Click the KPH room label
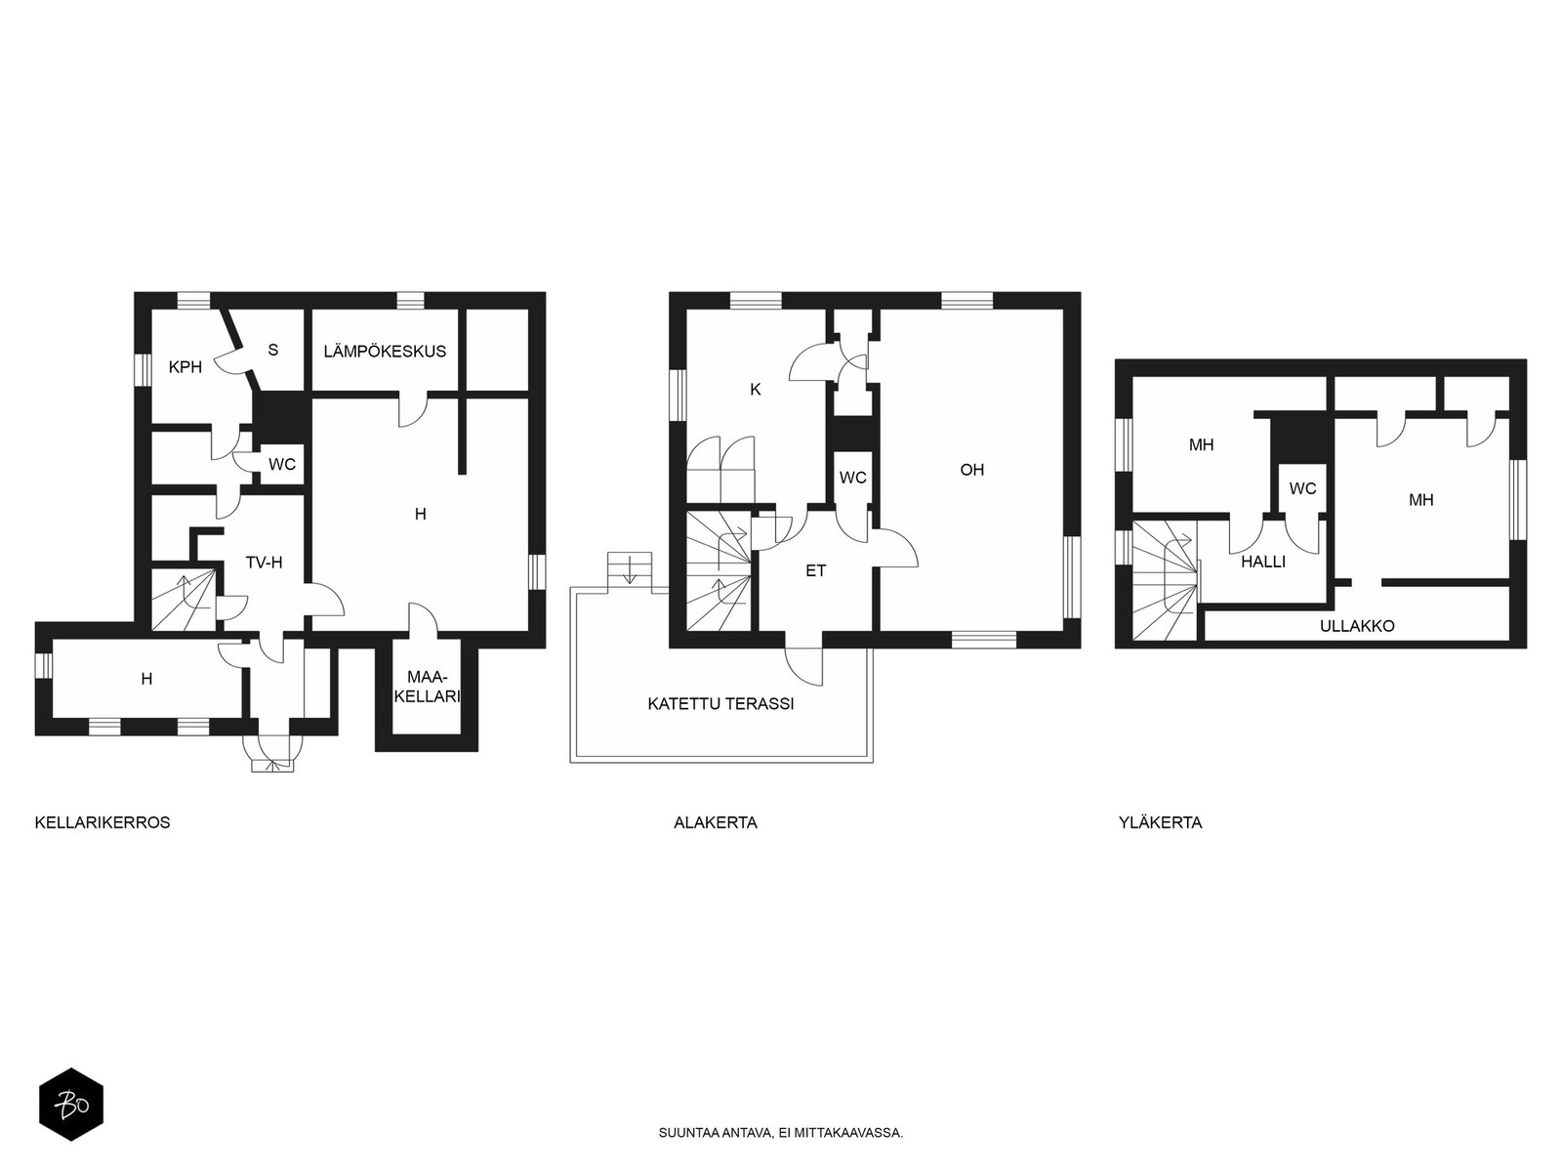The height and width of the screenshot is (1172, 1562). coord(185,367)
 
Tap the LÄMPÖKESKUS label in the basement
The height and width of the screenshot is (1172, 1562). coord(385,351)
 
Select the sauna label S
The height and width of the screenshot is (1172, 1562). coord(272,350)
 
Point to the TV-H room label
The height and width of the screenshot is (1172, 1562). coord(264,563)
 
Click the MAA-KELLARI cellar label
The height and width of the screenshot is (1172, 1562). coord(427,687)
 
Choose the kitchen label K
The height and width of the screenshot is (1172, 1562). coord(756,390)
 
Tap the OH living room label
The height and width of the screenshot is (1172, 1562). coord(972,470)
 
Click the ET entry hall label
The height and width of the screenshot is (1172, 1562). coord(815,570)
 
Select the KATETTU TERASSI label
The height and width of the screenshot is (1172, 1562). coord(720,704)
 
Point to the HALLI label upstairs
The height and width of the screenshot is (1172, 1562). coord(1263,563)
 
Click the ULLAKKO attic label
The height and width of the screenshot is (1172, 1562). coord(1357,626)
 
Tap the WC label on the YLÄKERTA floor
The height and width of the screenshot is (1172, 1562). coord(1303,489)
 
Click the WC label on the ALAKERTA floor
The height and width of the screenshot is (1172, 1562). coord(852,478)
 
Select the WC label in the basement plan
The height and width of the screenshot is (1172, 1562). coord(282,465)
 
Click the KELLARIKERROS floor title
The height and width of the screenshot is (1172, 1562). coord(103,822)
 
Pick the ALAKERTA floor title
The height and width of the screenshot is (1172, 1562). coord(716,822)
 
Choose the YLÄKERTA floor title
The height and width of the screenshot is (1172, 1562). coord(1160,822)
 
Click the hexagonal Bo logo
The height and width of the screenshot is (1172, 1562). coord(71,1105)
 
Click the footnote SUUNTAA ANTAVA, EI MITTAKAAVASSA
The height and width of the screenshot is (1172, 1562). coord(781,1133)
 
